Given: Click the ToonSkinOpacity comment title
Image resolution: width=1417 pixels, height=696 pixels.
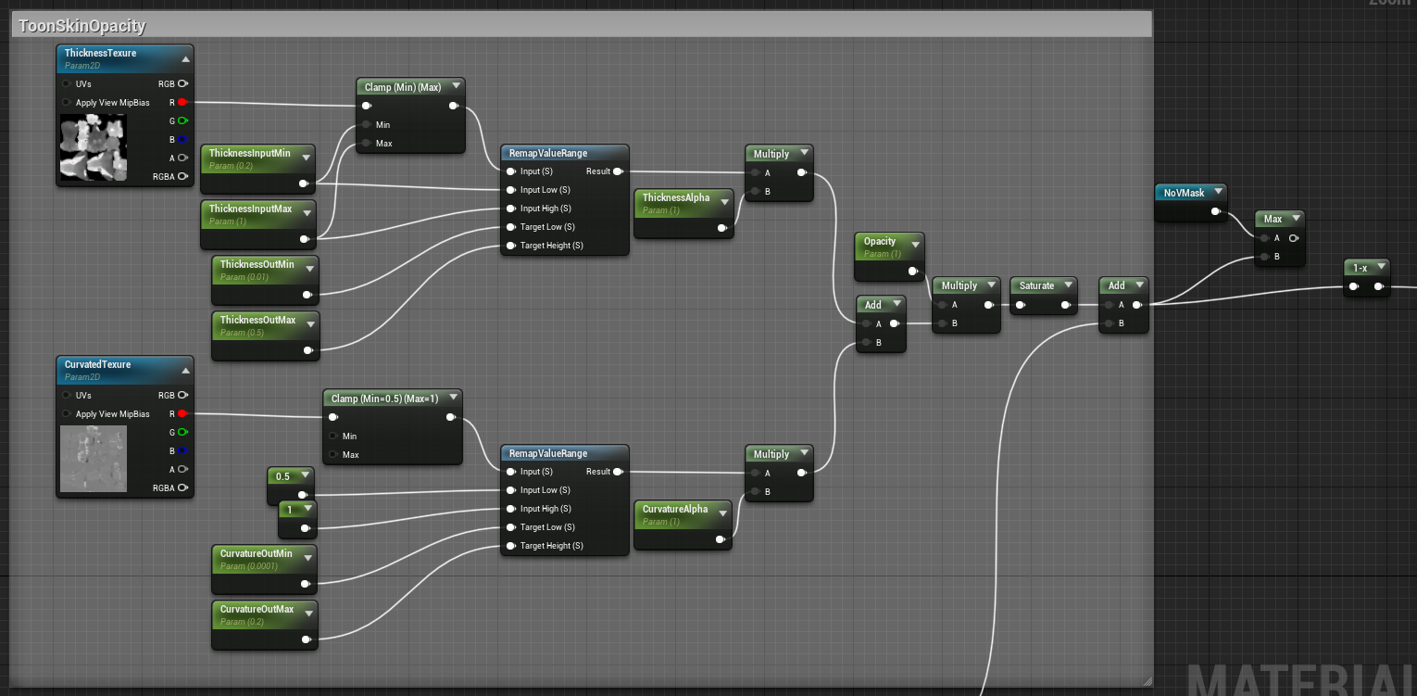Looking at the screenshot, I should (x=82, y=26).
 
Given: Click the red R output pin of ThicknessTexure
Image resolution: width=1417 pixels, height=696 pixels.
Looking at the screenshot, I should (x=182, y=102).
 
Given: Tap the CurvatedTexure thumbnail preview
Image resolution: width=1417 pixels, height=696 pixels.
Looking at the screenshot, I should (x=93, y=458).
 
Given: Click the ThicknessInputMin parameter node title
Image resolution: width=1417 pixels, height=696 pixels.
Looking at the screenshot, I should (x=249, y=153).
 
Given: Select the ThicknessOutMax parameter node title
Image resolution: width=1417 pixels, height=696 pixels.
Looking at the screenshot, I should (x=257, y=320).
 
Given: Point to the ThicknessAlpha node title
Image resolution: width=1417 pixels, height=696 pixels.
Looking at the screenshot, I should (x=675, y=197).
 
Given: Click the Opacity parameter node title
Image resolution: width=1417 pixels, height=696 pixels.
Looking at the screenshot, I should (x=880, y=241).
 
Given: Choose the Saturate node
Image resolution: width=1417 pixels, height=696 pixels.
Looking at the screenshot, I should (x=1036, y=285).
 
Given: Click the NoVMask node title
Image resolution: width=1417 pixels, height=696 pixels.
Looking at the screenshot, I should (x=1184, y=193).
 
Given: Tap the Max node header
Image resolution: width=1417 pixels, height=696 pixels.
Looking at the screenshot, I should (x=1273, y=219).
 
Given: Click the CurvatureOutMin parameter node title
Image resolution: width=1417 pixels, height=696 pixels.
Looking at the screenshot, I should (x=256, y=553).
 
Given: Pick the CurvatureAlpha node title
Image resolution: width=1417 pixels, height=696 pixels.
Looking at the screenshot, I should (x=674, y=509).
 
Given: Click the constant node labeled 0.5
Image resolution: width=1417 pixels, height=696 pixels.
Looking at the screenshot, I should (x=282, y=476).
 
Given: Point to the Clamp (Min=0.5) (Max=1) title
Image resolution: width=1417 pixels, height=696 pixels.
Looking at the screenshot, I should (x=384, y=399).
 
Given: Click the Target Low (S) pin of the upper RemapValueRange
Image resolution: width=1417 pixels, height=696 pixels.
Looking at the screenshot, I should (x=510, y=227).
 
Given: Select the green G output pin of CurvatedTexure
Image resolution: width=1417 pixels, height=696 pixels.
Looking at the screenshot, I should (x=182, y=432).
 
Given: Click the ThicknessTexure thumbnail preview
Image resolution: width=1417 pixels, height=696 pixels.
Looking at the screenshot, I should (x=93, y=146).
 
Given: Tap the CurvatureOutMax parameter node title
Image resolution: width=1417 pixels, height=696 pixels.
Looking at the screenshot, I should (x=257, y=609).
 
